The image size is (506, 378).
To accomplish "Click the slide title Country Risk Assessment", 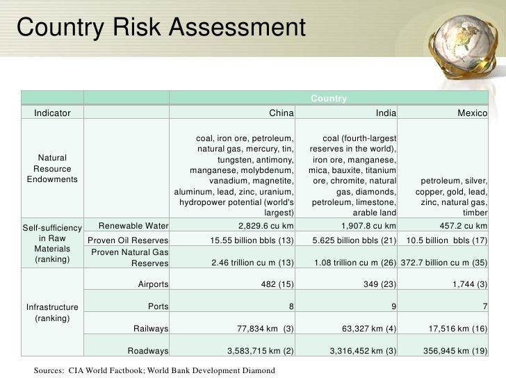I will click(161, 28).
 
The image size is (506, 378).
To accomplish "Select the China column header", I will click(281, 113).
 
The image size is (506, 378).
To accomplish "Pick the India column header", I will click(384, 113).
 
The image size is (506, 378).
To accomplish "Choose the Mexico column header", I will click(472, 113).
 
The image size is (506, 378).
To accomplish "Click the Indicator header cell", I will click(52, 113).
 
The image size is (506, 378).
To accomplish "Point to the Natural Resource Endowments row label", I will click(52, 169).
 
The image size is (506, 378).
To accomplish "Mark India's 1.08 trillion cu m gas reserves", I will click(356, 263).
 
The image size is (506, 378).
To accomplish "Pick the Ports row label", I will click(159, 306).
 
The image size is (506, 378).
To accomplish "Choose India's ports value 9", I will click(393, 306).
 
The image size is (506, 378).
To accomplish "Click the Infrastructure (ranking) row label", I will click(52, 312).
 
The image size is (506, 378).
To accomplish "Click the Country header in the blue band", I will click(328, 98).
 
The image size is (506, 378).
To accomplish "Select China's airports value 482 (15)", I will click(276, 284).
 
